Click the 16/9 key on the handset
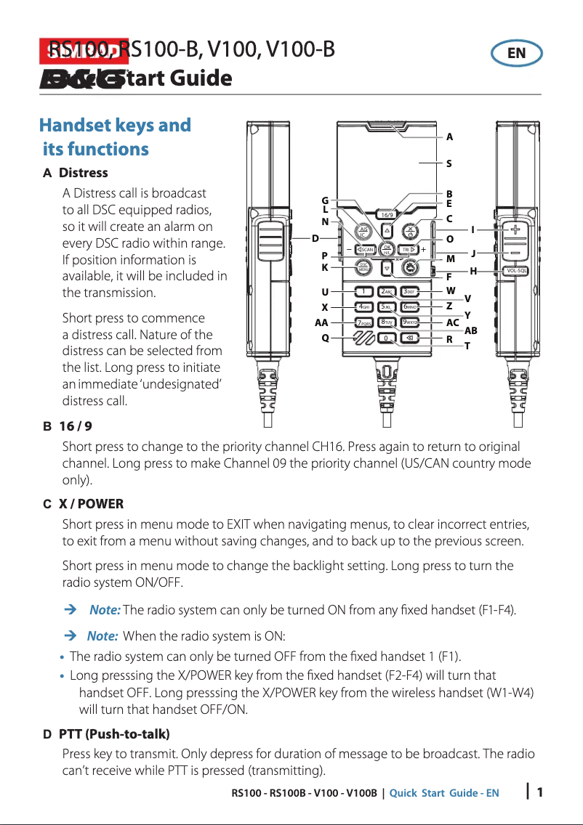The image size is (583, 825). [x=387, y=215]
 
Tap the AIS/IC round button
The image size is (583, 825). [x=363, y=232]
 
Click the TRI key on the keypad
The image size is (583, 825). [x=409, y=250]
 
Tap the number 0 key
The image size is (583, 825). [x=387, y=338]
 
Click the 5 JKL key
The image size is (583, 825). [x=387, y=307]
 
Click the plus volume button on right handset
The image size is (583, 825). [x=515, y=229]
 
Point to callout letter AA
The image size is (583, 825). [x=321, y=322]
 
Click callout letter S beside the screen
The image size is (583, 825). [x=449, y=164]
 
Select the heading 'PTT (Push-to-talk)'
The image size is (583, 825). [x=114, y=734]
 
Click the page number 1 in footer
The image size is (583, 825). [x=540, y=792]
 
